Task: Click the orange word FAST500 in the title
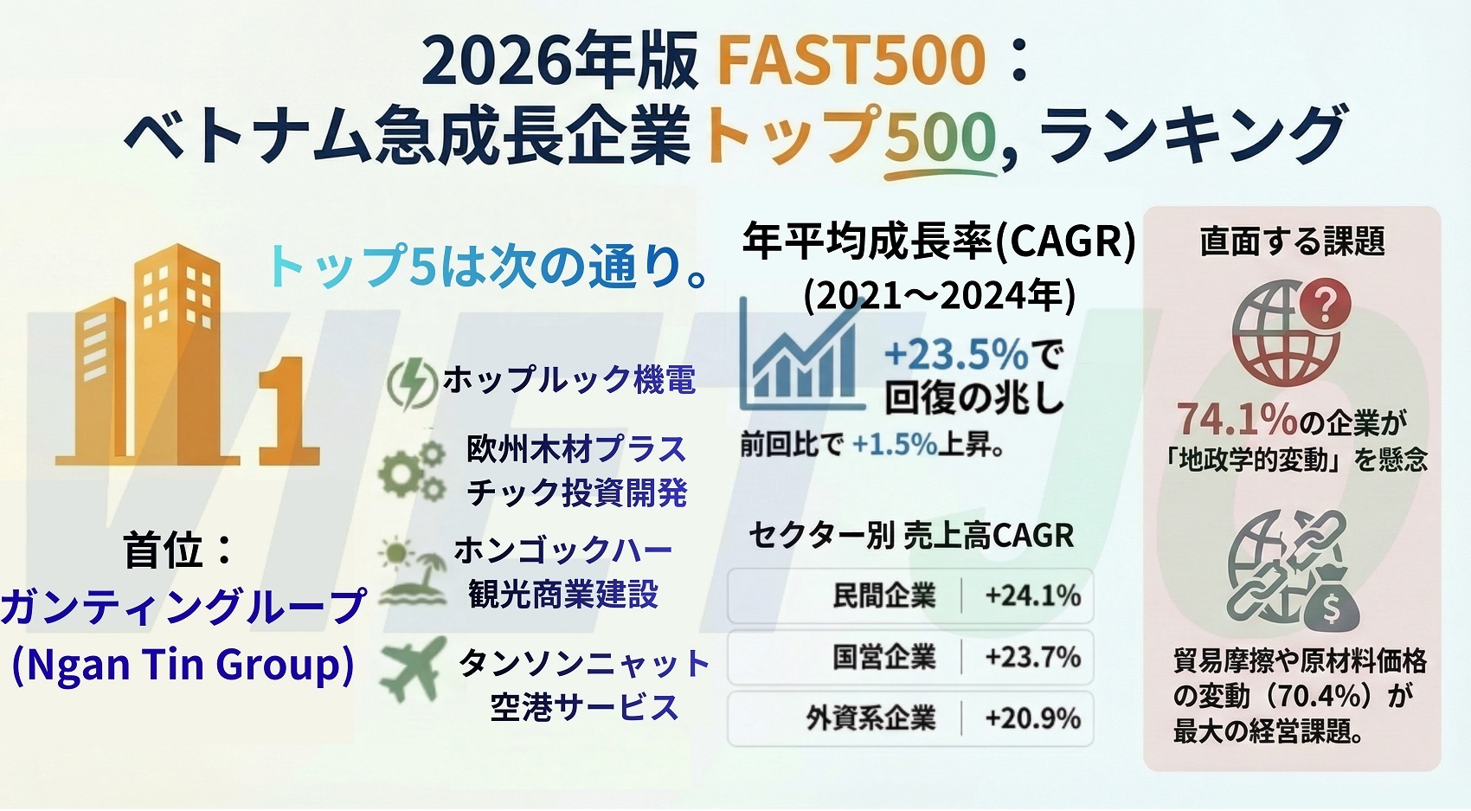(x=851, y=61)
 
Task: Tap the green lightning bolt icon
(x=412, y=384)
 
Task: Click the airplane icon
(x=413, y=668)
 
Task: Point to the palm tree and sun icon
(x=413, y=571)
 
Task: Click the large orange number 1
(x=288, y=412)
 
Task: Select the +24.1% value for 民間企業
(x=1032, y=595)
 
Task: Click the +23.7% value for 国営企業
(x=1032, y=657)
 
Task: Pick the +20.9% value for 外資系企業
(x=1032, y=718)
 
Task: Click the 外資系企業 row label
(x=870, y=718)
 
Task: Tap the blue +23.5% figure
(x=956, y=355)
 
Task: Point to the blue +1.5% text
(x=895, y=445)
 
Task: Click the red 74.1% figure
(x=1237, y=418)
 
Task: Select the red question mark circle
(x=1326, y=304)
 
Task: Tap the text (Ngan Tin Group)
(x=183, y=665)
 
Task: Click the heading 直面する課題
(x=1293, y=241)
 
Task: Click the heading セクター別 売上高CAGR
(x=911, y=535)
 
